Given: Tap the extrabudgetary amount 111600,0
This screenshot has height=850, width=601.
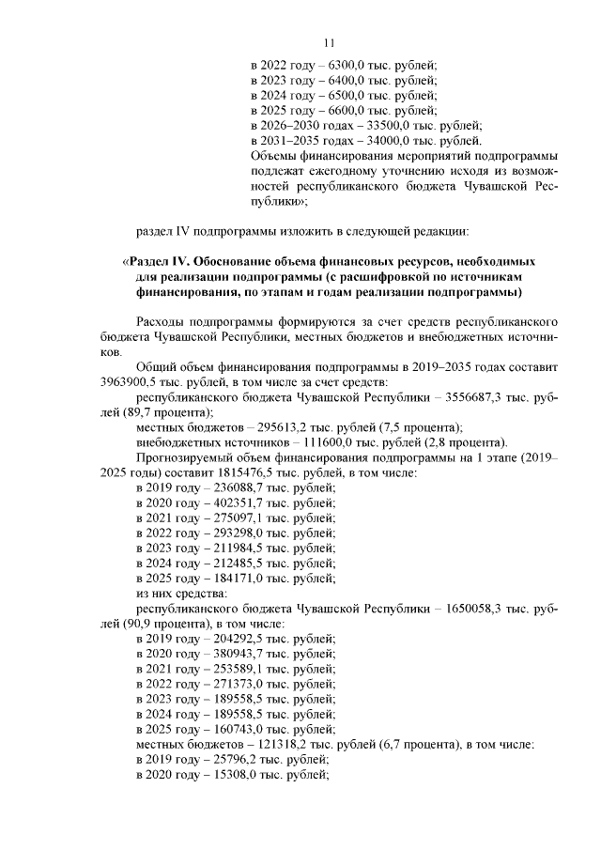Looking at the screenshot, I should pyautogui.click(x=291, y=442).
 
